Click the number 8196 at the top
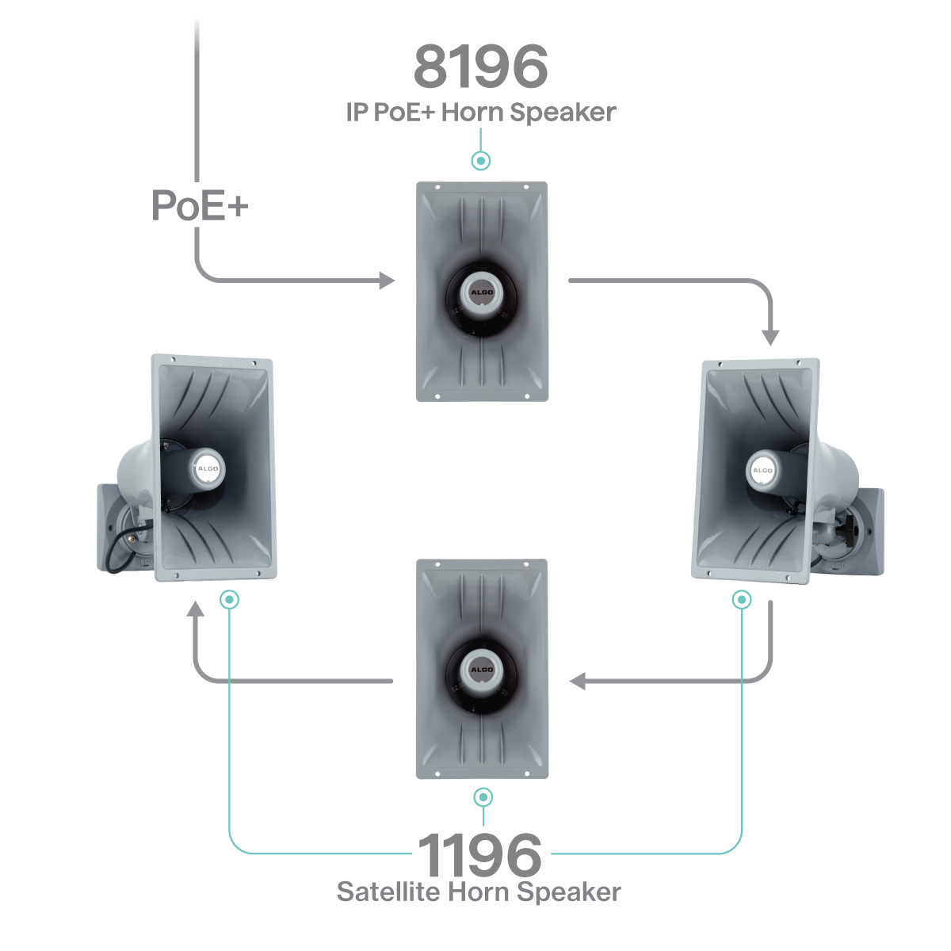coord(480,67)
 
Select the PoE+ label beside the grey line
coord(200,206)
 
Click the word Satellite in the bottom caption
coord(388,892)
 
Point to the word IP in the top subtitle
coord(357,113)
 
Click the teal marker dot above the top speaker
coord(480,161)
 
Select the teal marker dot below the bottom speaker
coord(483,797)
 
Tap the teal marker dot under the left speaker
coord(229,600)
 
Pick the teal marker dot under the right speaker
coord(742,600)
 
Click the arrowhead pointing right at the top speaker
coord(387,281)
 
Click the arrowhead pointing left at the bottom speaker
coord(579,681)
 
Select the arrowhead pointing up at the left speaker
coord(195,609)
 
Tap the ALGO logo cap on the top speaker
coord(482,291)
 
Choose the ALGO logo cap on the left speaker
coord(208,468)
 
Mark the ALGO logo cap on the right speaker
coord(762,470)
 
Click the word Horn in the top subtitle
coord(473,113)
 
